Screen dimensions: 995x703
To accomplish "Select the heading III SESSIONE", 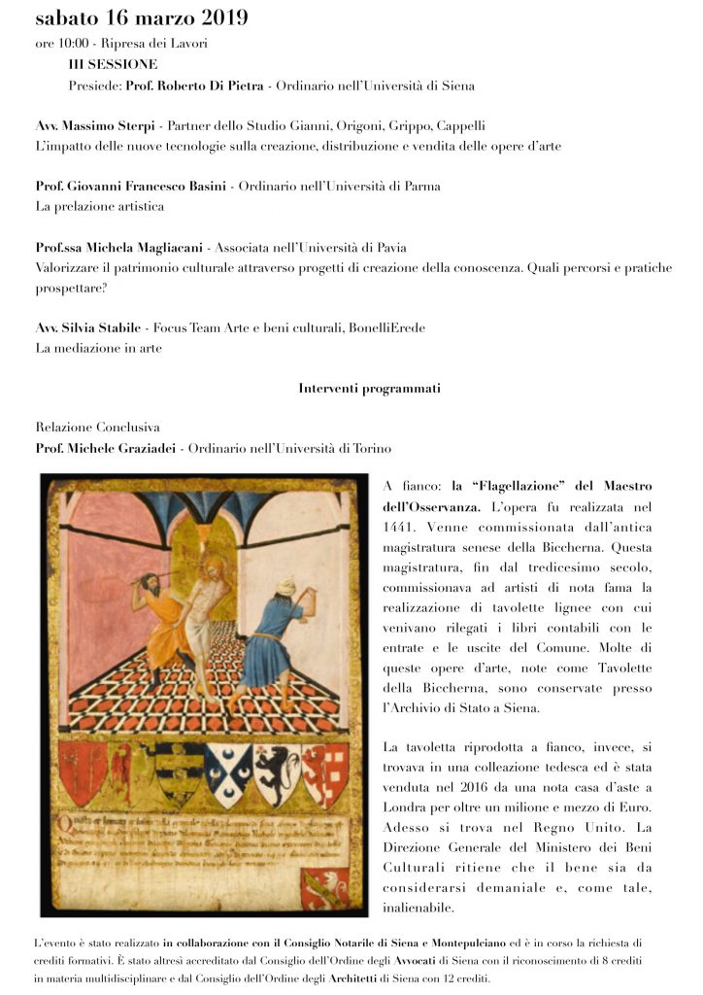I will [x=113, y=64].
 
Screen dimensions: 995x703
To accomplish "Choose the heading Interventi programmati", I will [x=370, y=389].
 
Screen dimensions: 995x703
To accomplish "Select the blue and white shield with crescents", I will [x=224, y=773].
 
